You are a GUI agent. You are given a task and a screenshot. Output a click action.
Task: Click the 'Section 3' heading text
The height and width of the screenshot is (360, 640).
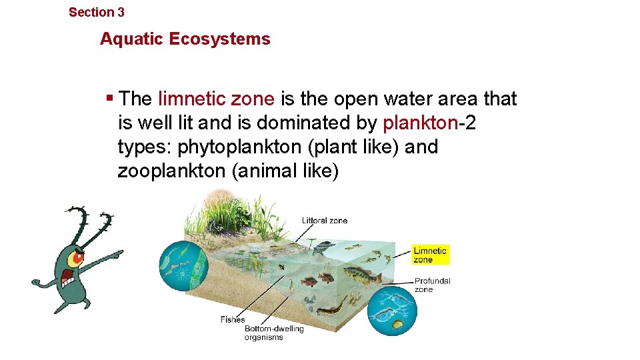pyautogui.click(x=97, y=12)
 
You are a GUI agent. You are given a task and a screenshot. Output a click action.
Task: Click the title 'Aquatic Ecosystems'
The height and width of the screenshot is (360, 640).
pyautogui.click(x=185, y=39)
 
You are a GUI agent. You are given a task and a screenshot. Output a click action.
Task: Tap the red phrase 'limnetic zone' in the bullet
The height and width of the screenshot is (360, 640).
pyautogui.click(x=216, y=99)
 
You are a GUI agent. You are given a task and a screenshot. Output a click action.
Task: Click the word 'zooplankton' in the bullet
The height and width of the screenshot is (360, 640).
pyautogui.click(x=171, y=171)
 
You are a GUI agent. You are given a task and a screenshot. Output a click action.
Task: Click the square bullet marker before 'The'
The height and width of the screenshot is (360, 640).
pyautogui.click(x=109, y=99)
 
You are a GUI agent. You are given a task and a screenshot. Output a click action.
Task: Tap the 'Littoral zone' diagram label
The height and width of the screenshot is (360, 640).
pyautogui.click(x=324, y=221)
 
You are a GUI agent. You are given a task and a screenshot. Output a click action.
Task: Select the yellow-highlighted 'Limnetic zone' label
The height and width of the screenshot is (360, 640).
pyautogui.click(x=430, y=255)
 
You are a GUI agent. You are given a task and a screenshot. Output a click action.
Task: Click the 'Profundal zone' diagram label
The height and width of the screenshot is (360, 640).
pyautogui.click(x=432, y=285)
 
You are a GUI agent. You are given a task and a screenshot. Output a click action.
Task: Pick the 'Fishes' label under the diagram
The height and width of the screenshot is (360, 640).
pyautogui.click(x=233, y=320)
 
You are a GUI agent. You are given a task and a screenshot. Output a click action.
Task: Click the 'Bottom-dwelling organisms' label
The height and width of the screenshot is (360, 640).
pyautogui.click(x=273, y=333)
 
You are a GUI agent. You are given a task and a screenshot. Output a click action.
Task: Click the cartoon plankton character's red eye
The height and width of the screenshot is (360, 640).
pyautogui.click(x=78, y=257)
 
